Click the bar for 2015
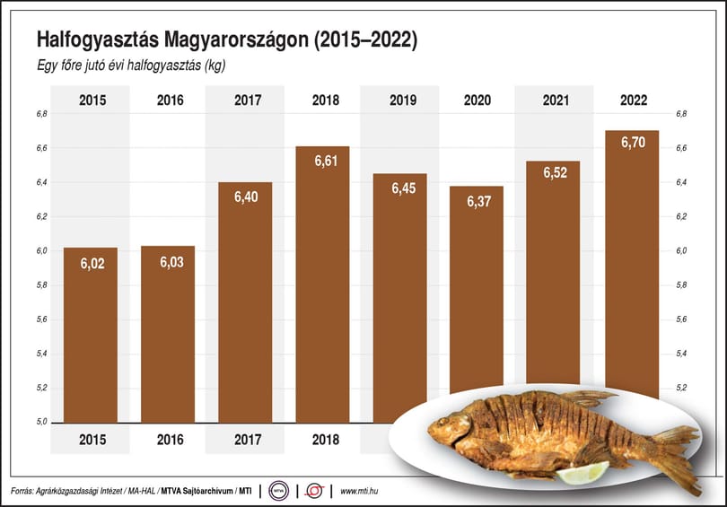[x=91, y=335]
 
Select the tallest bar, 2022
[x=632, y=264]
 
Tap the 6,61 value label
[x=326, y=161]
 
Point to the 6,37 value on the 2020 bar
[x=478, y=201]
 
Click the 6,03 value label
[x=172, y=262]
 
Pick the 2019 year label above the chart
[x=403, y=101]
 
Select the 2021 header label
[x=556, y=101]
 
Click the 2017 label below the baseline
[x=248, y=440]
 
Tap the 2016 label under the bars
[x=171, y=440]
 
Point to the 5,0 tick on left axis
[x=41, y=422]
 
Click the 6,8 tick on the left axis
[x=41, y=114]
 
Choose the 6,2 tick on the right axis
[x=681, y=216]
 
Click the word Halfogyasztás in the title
[x=96, y=40]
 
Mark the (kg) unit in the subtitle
[x=215, y=66]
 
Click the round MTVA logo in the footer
[x=278, y=491]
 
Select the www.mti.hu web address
[x=359, y=491]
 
